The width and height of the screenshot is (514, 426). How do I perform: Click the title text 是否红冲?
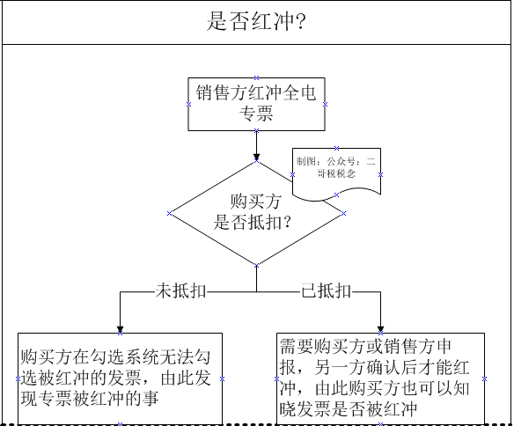tap(256, 21)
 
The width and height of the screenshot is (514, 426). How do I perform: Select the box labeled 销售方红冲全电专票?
tap(256, 104)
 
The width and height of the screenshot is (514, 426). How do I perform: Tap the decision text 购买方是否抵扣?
tap(252, 212)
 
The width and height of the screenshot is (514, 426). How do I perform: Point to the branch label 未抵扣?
tap(180, 291)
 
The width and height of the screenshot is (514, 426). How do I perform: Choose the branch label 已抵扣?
tap(327, 291)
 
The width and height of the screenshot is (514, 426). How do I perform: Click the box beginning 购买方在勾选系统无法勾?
tap(120, 378)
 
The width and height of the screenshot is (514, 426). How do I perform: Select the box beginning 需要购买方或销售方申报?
tap(380, 378)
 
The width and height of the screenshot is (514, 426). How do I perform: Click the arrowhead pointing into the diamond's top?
tap(256, 157)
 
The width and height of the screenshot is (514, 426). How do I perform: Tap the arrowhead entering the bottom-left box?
tap(120, 329)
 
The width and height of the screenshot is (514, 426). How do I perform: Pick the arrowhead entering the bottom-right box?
tap(380, 329)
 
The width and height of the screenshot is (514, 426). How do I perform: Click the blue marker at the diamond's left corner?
tap(169, 213)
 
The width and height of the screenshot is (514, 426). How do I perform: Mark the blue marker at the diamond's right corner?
tap(343, 213)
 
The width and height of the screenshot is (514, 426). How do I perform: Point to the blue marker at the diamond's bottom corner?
tap(256, 266)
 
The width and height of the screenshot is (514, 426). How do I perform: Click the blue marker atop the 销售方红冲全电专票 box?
tap(256, 77)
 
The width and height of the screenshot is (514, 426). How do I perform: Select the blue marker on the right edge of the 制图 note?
tap(380, 174)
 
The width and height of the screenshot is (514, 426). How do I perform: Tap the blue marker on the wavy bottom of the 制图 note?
tap(336, 195)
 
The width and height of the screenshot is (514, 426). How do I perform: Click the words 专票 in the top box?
tap(256, 114)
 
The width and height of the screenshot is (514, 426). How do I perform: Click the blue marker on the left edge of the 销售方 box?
tap(188, 104)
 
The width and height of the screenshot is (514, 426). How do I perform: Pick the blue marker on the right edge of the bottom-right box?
tap(484, 378)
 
